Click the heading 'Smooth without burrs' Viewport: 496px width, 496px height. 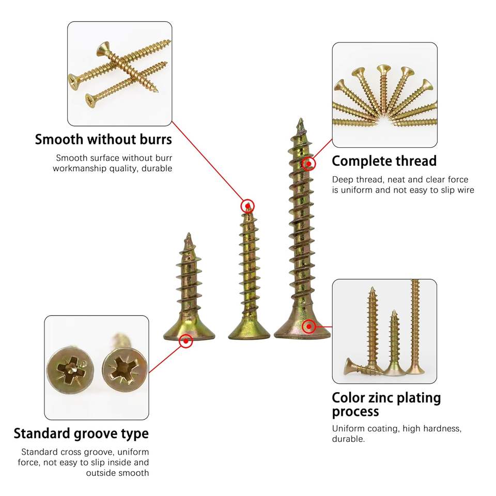coord(103,139)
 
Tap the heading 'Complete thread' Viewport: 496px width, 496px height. coord(384,161)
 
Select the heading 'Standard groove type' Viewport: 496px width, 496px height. coord(81,433)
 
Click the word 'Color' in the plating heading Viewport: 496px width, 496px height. coord(350,398)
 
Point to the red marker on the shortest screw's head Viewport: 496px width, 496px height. coord(185,340)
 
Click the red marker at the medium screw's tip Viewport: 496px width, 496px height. coord(248,206)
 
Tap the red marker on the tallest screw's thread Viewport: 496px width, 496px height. coord(309,164)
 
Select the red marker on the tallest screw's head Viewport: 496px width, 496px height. coord(309,326)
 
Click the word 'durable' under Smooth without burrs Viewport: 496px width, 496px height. coord(158,168)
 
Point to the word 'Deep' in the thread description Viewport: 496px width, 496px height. coord(343,180)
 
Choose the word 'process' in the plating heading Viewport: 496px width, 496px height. coord(355,412)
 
